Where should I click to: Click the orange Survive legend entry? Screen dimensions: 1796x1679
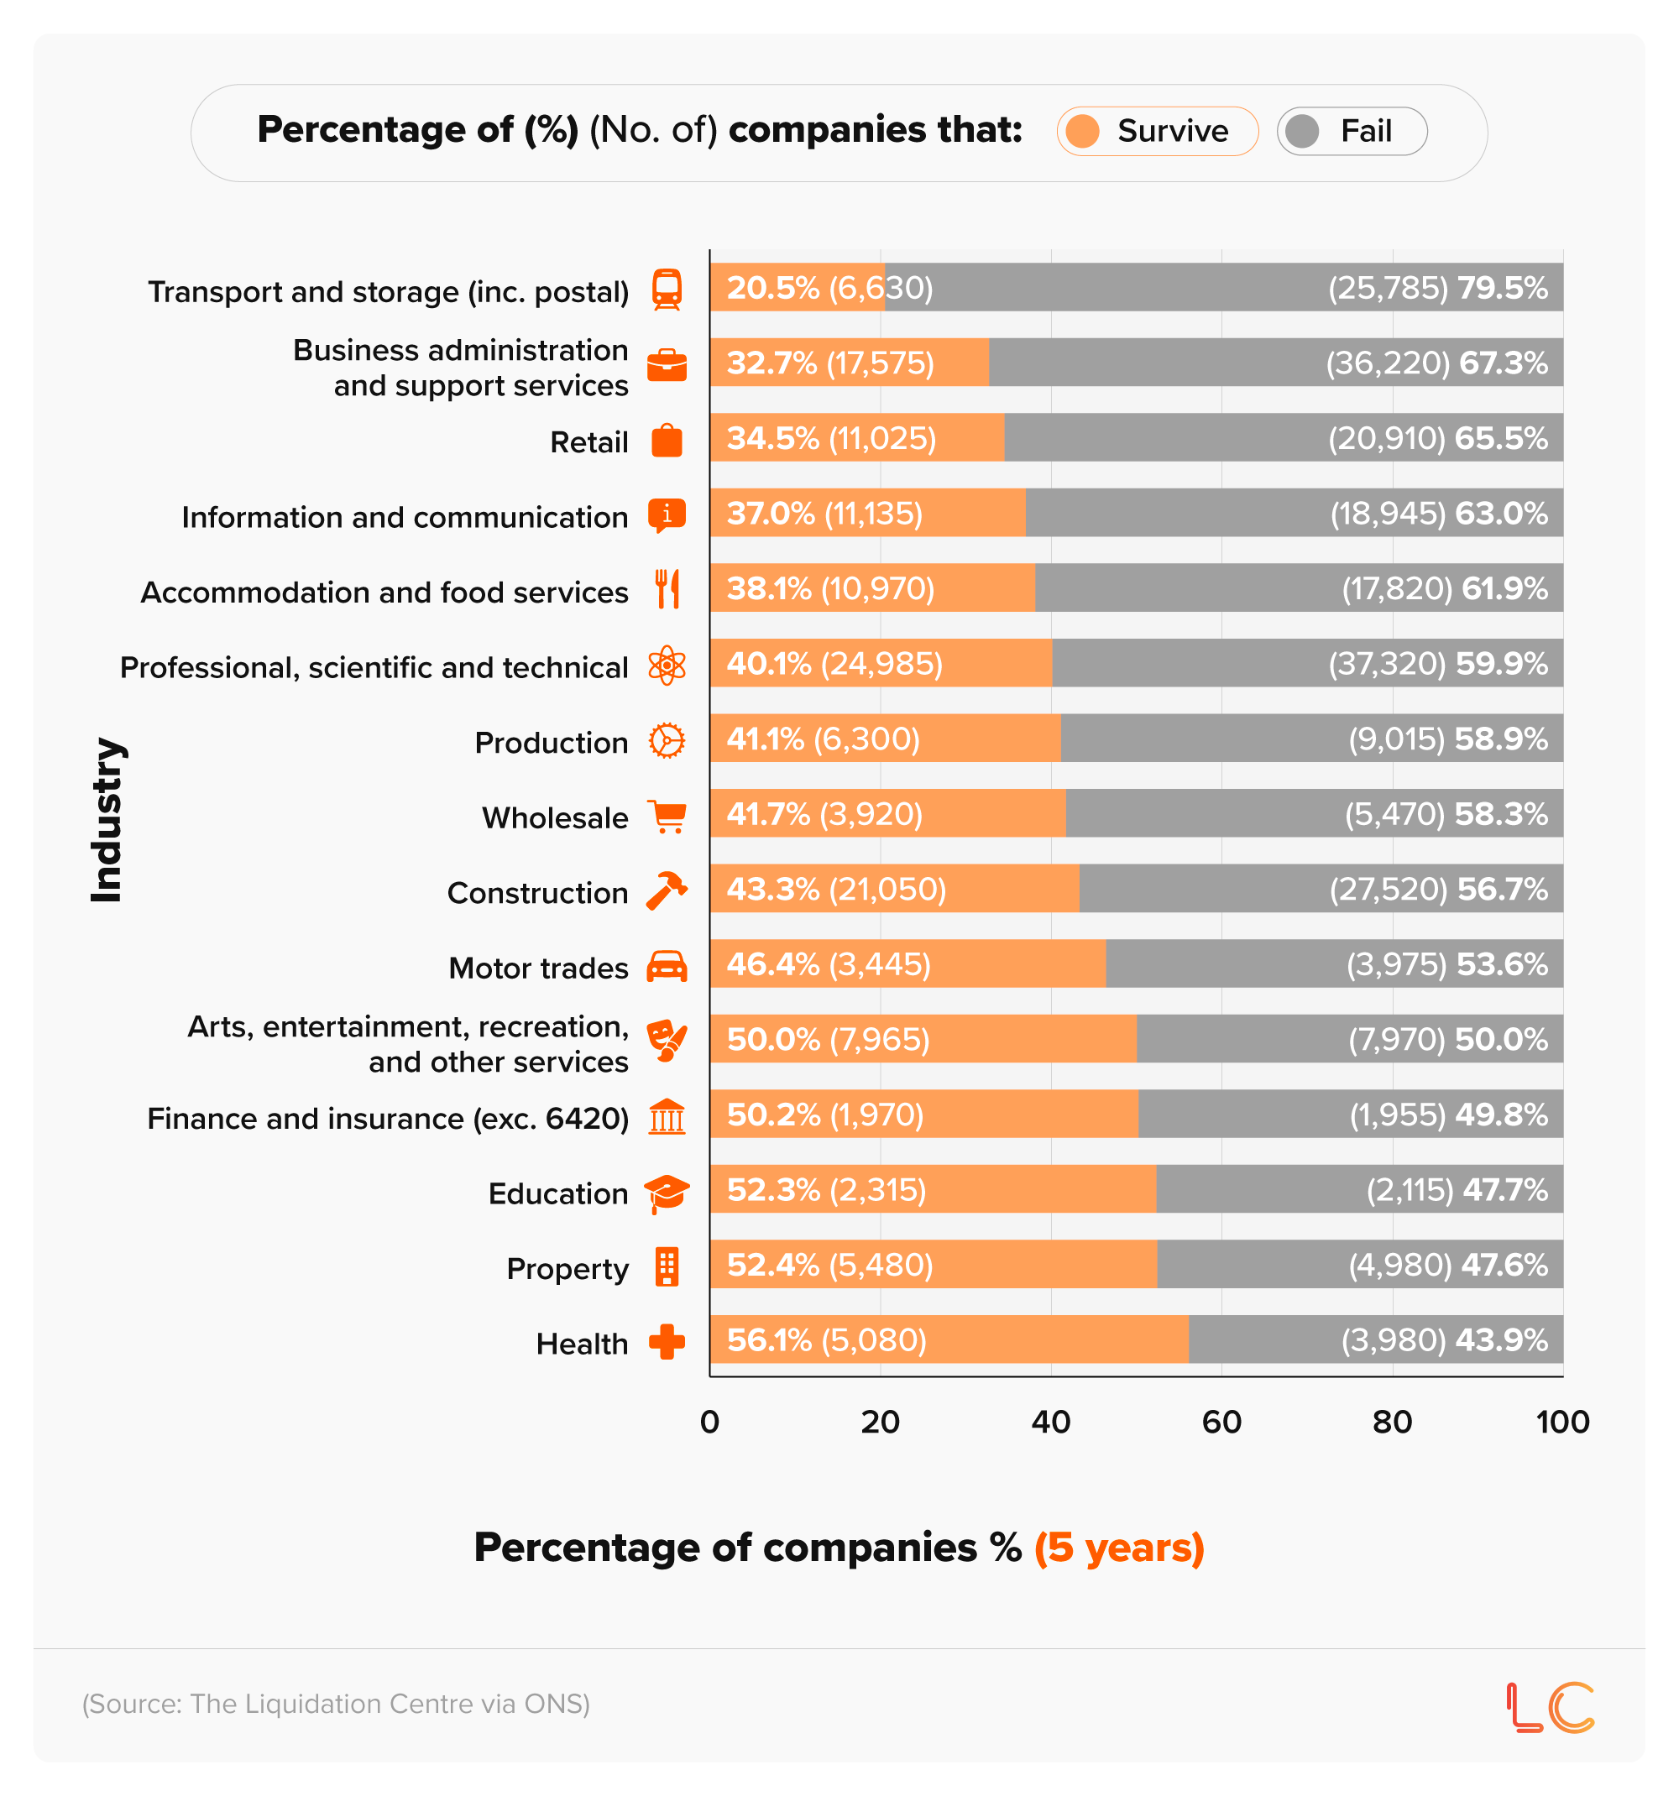click(1157, 131)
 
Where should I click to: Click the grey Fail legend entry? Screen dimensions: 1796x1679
click(1352, 131)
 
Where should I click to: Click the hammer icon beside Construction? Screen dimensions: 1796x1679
click(667, 890)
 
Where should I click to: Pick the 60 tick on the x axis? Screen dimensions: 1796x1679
click(1221, 1422)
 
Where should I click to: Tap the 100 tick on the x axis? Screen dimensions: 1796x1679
click(1562, 1422)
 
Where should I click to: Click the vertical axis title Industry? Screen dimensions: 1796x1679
click(107, 819)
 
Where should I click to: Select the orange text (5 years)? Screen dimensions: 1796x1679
click(1119, 1548)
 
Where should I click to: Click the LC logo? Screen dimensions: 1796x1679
click(1551, 1708)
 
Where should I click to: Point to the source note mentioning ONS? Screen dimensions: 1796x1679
click(335, 1704)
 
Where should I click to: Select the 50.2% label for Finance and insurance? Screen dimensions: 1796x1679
click(772, 1115)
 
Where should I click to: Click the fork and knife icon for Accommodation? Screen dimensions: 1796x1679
click(667, 589)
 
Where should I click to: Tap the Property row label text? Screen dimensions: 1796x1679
click(567, 1268)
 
